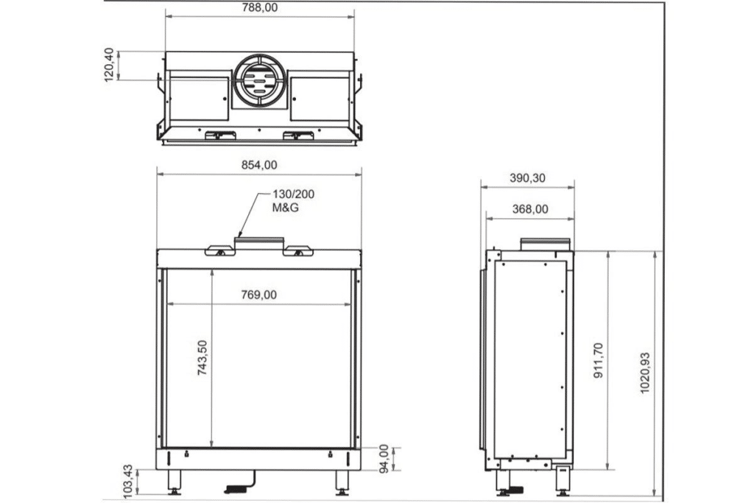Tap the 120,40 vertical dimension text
[110, 65]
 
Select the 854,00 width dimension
[259, 165]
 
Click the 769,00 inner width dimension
[259, 295]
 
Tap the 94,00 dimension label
[384, 460]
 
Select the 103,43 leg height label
[127, 479]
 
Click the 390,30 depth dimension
[528, 178]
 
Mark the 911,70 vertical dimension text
[597, 360]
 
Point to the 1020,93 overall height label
[645, 373]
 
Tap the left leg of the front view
[175, 482]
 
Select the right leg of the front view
[342, 482]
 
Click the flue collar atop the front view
[259, 242]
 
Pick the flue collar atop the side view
[545, 244]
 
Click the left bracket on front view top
[219, 250]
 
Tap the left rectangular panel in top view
[197, 98]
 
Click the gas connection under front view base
[237, 487]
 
